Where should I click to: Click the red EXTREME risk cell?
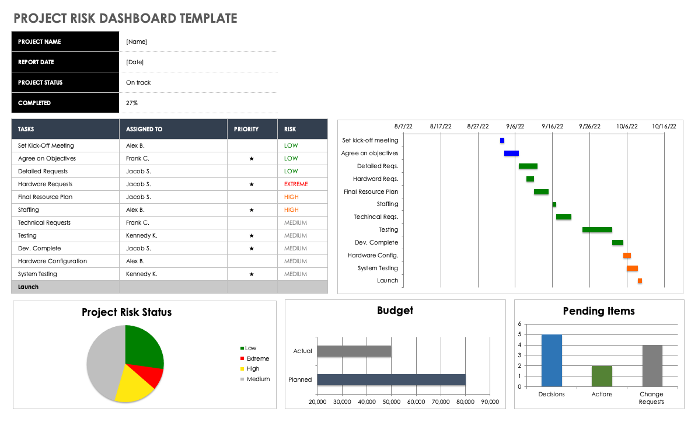pos(296,184)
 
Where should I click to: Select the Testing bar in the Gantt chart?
pos(597,230)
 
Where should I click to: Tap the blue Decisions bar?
pos(552,360)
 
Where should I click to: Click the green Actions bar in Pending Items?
pos(602,376)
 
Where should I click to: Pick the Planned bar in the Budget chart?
pos(391,379)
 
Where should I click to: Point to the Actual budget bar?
pos(354,351)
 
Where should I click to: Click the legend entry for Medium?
pos(257,379)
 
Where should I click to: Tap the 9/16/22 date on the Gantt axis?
pos(552,126)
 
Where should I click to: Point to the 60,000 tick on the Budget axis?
pos(416,402)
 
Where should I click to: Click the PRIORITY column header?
pos(246,129)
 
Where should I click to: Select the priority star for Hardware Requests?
pos(252,184)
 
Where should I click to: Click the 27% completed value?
pos(132,103)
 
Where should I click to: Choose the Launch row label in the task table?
pos(28,287)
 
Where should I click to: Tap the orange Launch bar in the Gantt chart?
pos(640,281)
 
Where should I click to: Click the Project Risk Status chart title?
pos(127,312)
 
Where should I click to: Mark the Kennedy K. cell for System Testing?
pos(141,274)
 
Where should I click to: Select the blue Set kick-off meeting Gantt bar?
pos(502,141)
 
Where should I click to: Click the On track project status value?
pos(138,83)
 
